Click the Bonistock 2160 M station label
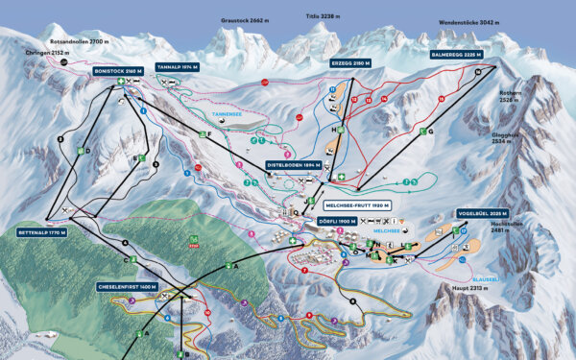(118, 71)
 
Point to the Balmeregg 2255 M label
(455, 56)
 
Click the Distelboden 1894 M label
(294, 165)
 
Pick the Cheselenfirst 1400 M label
(125, 286)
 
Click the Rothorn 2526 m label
(509, 97)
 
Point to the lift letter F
(209, 134)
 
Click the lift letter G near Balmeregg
(431, 131)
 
